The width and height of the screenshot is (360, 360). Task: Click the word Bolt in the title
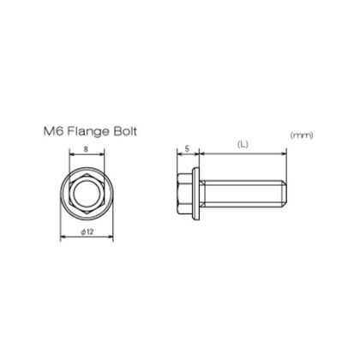(125, 131)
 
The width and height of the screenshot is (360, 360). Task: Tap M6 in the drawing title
(54, 131)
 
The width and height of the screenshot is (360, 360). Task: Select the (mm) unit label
(302, 135)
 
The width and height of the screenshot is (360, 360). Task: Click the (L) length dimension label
(243, 145)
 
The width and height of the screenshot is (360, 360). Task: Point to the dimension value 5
(188, 148)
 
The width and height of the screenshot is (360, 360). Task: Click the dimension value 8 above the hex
(86, 149)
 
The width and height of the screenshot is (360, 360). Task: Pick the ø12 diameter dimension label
(87, 231)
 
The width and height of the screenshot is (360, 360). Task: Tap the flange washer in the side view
(196, 194)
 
